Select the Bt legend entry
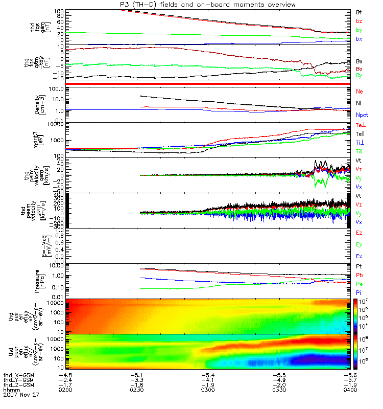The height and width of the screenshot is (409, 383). (x=360, y=11)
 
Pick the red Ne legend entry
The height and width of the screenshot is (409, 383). (x=360, y=91)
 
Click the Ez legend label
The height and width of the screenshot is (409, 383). (x=360, y=233)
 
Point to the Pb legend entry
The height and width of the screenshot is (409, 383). (x=360, y=275)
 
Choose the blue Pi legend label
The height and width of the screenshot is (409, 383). (x=359, y=292)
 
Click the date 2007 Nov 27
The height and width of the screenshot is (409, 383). (x=21, y=395)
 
